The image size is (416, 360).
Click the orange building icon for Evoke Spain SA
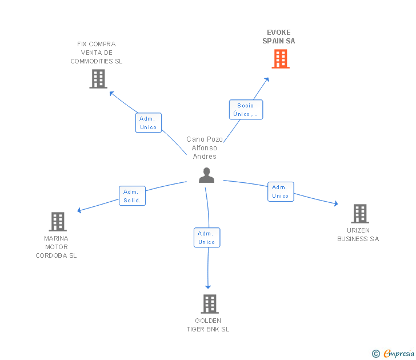pos(280,59)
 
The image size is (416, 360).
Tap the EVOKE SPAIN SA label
pos(279,37)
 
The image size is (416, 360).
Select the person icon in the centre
pos(206,175)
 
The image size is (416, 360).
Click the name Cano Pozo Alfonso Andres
pos(204,148)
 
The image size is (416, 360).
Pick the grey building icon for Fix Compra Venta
pos(98,79)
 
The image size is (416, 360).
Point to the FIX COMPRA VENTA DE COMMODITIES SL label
pos(97,53)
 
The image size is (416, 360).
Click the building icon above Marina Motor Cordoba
pos(58,221)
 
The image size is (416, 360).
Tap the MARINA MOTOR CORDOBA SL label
pos(56,247)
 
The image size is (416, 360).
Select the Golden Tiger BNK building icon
pos(210,303)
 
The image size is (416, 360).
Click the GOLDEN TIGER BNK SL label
pos(208,325)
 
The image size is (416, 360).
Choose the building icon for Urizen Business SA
pos(359,213)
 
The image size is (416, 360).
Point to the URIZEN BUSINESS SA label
pos(358,235)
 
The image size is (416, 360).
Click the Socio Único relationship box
pos(246,110)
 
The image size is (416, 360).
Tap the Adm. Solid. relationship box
pos(133,196)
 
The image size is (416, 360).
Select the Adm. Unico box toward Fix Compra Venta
pos(149,123)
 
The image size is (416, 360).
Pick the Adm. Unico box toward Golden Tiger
pos(207,238)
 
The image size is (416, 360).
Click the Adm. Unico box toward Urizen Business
pos(281,191)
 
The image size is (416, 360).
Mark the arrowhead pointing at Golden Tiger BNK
pos(208,286)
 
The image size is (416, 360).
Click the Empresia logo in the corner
pos(394,354)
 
